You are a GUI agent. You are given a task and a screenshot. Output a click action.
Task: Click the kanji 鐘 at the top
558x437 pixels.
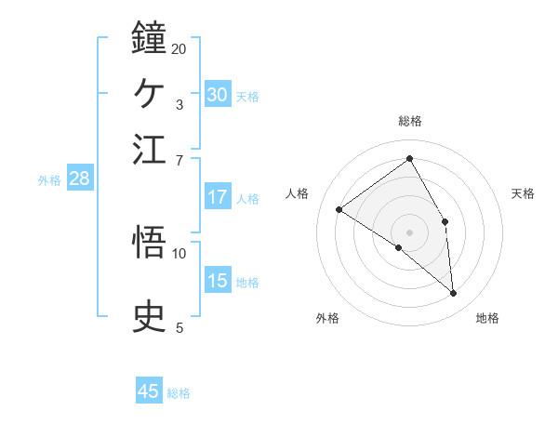(x=150, y=38)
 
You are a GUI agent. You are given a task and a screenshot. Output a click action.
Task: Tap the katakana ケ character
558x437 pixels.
(x=150, y=94)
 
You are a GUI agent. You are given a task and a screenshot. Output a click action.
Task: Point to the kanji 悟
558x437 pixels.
(x=150, y=243)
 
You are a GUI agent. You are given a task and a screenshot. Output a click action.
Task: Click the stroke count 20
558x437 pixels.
(x=179, y=48)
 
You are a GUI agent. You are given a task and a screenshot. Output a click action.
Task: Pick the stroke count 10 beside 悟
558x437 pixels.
(x=179, y=252)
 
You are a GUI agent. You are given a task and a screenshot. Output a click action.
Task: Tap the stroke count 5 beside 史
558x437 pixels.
(x=179, y=326)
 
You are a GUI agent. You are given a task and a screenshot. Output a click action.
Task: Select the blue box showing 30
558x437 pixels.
(x=218, y=94)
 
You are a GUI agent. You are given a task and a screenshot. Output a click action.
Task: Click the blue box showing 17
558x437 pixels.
(x=218, y=197)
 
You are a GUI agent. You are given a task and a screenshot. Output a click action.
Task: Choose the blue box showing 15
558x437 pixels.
(x=218, y=281)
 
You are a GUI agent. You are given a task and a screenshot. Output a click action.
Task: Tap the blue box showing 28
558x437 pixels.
(x=79, y=179)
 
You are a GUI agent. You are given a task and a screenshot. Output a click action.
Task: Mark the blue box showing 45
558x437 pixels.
(x=149, y=391)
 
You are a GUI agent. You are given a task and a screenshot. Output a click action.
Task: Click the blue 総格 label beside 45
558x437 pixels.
(x=179, y=393)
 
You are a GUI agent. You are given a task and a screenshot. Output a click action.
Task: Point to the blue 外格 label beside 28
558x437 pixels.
(x=49, y=180)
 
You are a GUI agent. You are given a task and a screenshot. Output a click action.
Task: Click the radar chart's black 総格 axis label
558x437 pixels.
(x=410, y=121)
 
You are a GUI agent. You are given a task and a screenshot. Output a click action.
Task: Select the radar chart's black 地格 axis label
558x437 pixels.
(x=487, y=319)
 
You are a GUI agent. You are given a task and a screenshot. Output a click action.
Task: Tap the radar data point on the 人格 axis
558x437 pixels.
(x=339, y=209)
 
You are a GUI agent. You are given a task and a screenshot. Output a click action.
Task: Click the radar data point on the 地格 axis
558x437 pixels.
(x=453, y=293)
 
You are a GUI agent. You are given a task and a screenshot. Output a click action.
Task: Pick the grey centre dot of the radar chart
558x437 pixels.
(x=410, y=232)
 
